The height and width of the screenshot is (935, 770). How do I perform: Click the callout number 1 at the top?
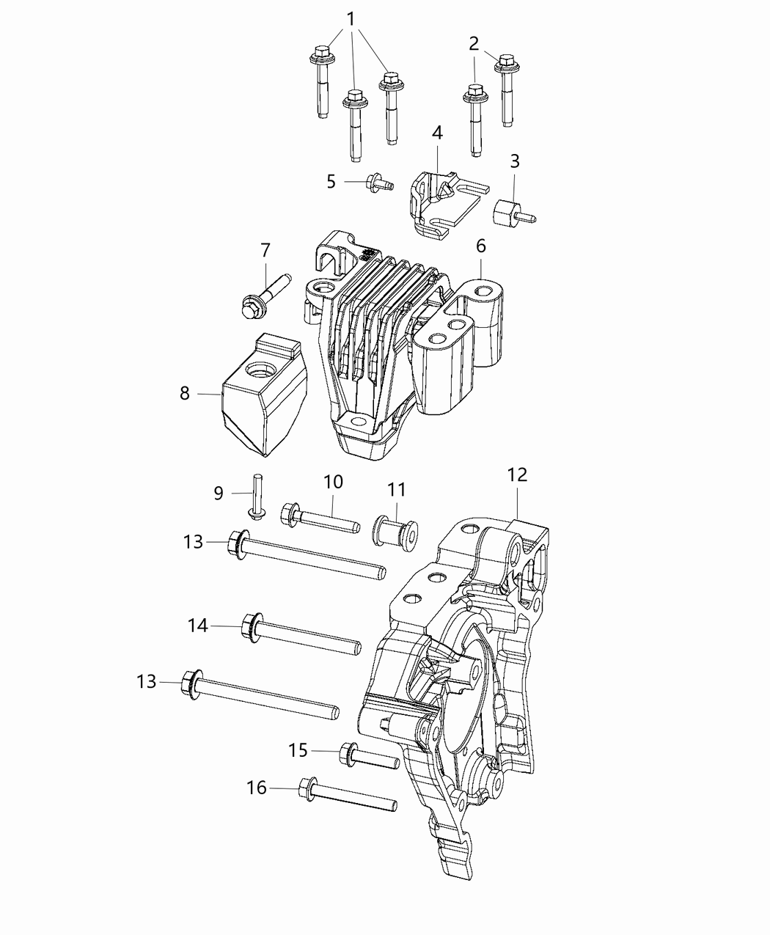(351, 18)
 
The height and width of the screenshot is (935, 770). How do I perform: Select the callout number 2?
(474, 43)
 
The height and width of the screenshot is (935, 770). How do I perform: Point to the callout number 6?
(480, 246)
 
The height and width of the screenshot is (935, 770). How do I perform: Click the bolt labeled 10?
(320, 518)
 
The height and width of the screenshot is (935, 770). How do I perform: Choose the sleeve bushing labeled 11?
(395, 529)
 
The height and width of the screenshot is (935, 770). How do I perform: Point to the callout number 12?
(517, 474)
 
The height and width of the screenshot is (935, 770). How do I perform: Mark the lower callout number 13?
(147, 681)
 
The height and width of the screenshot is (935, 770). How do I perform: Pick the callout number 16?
(257, 788)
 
